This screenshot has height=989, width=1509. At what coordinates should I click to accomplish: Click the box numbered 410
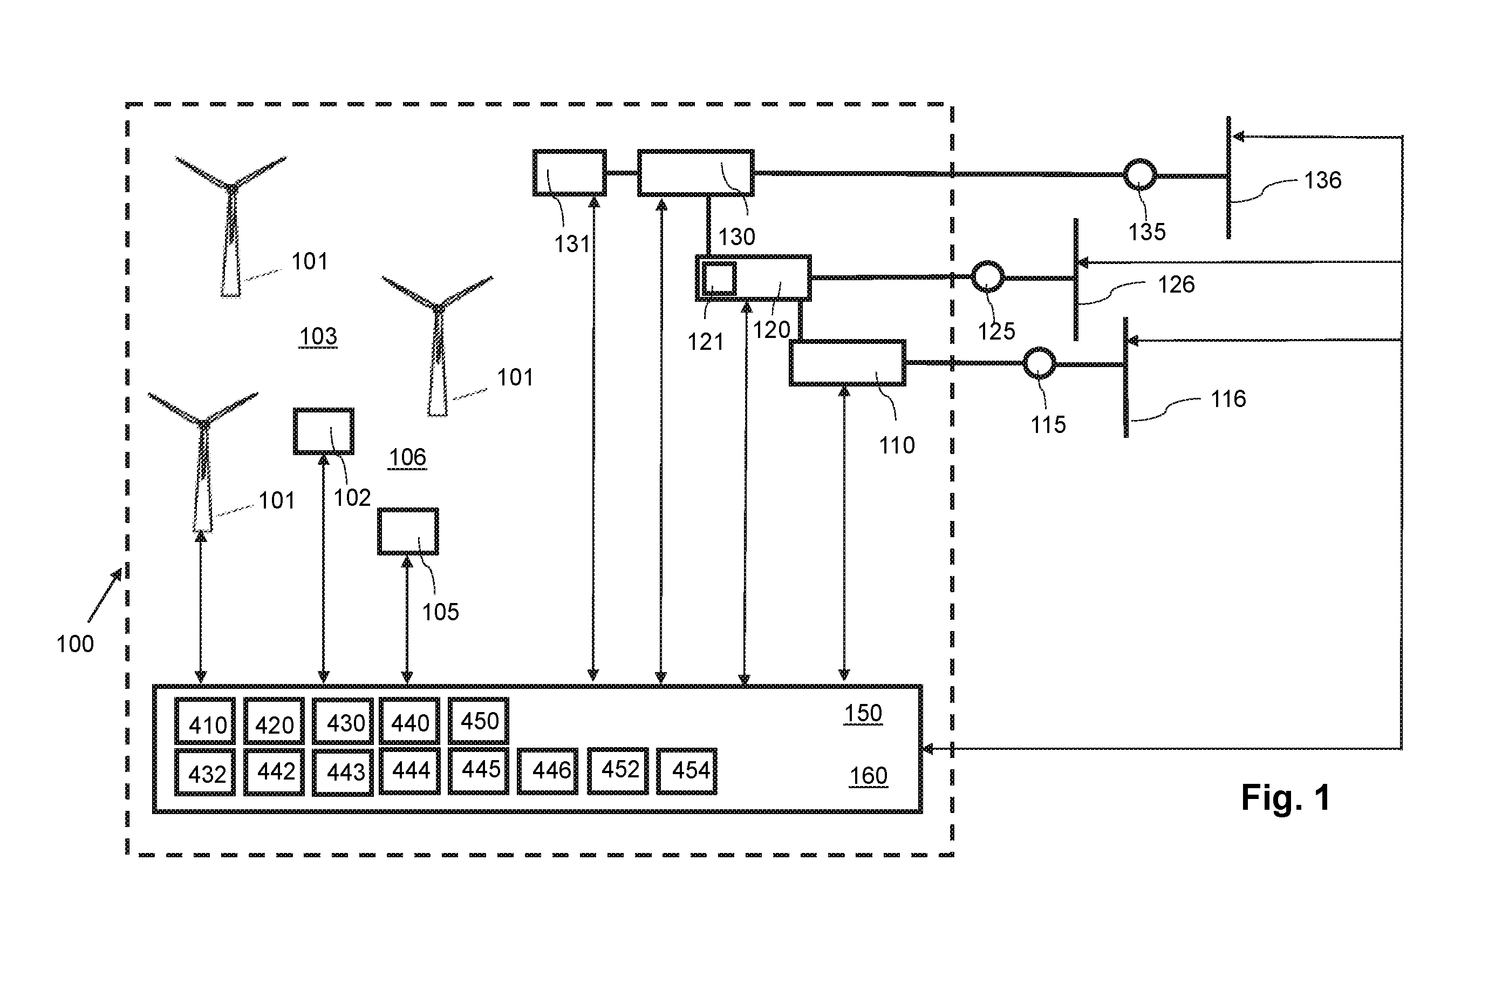[x=205, y=721]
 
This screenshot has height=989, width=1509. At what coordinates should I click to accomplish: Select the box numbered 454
[x=687, y=771]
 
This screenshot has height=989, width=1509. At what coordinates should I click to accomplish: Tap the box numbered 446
[x=547, y=771]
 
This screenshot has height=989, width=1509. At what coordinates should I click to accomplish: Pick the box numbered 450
[x=478, y=721]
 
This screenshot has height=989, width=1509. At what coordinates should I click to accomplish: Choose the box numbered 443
[x=343, y=772]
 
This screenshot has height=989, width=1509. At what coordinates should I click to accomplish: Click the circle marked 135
[x=1139, y=174]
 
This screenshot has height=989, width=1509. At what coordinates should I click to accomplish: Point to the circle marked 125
[x=987, y=276]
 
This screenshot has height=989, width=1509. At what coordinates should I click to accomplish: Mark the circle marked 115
[x=1039, y=363]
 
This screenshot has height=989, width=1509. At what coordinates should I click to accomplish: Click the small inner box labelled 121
[x=719, y=279]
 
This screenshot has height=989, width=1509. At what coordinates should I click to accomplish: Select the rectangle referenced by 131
[x=569, y=173]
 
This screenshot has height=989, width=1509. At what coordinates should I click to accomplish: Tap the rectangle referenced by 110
[x=847, y=363]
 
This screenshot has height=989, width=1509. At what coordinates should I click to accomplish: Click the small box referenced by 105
[x=408, y=532]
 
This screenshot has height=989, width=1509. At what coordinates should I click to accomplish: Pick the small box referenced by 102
[x=323, y=431]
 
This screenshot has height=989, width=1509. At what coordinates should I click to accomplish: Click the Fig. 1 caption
[x=1285, y=797]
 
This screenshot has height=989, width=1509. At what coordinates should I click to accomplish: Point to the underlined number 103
[x=318, y=336]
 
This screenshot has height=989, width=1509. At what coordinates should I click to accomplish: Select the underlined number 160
[x=868, y=776]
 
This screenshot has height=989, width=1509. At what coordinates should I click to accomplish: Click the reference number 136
[x=1322, y=180]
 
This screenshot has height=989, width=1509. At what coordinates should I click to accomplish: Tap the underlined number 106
[x=407, y=457]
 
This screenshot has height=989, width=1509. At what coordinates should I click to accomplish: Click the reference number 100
[x=75, y=644]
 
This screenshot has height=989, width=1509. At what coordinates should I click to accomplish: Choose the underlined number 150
[x=863, y=714]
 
